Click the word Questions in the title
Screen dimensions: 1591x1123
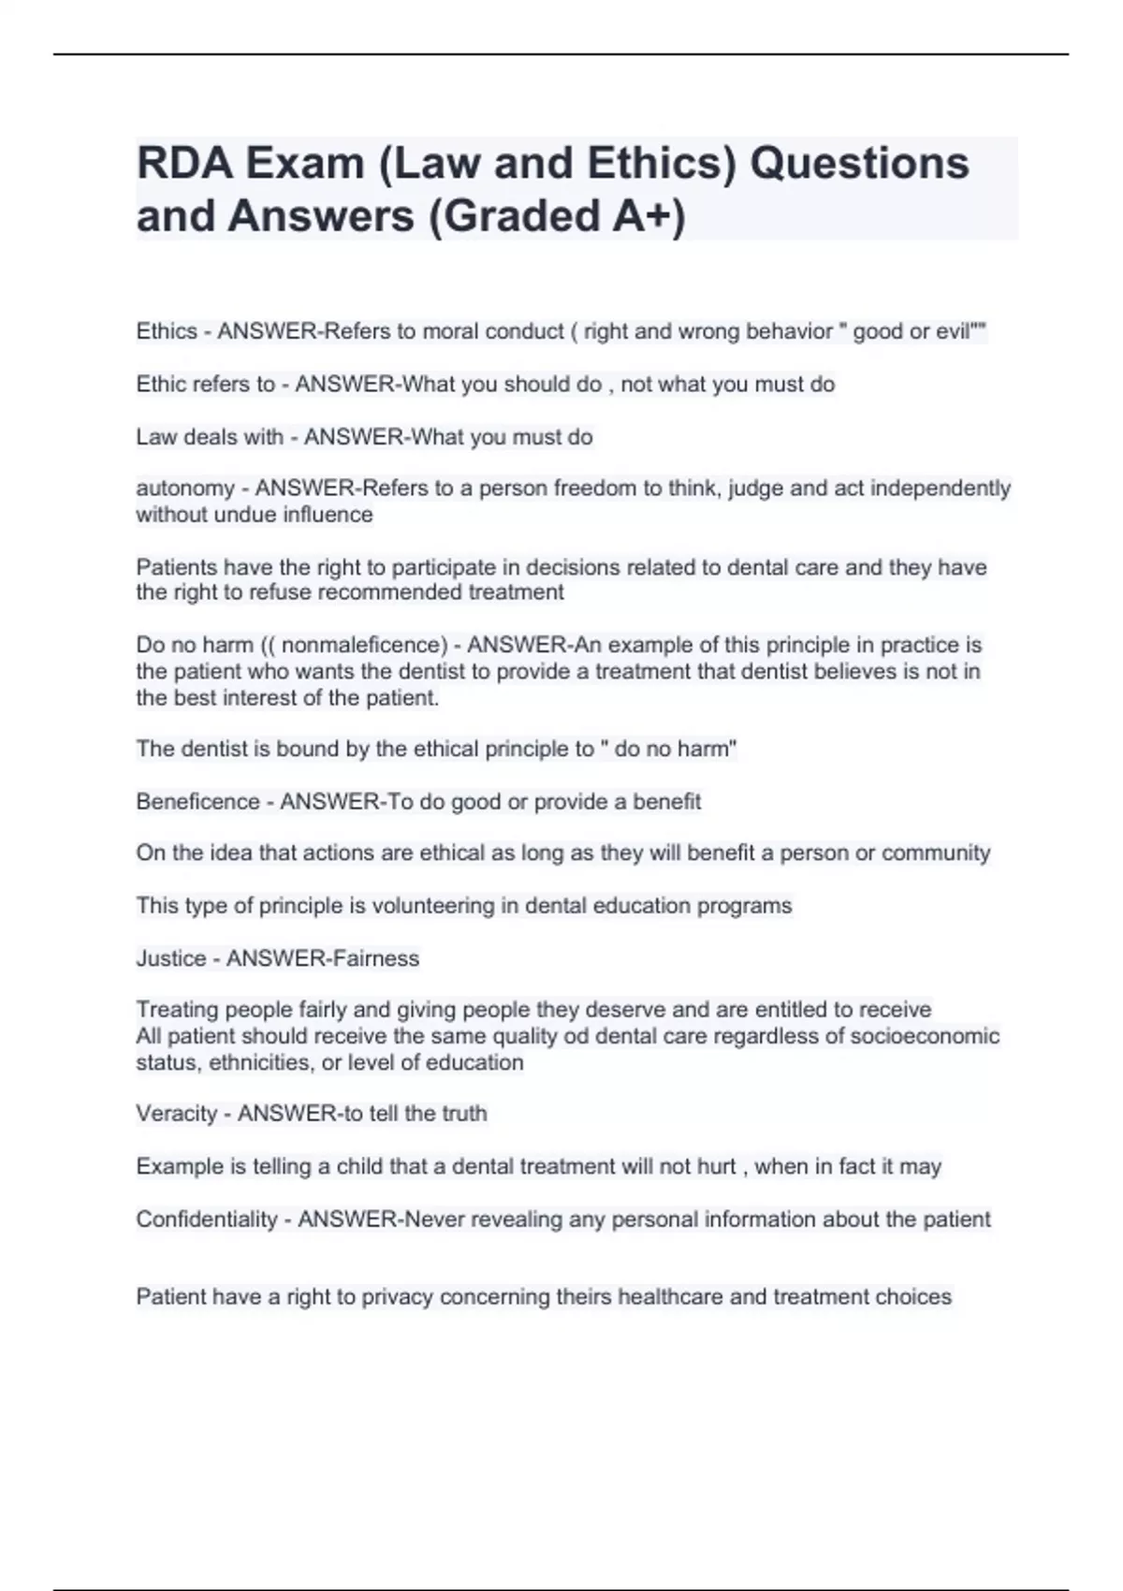[x=859, y=163]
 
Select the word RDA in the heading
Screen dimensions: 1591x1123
[x=184, y=163]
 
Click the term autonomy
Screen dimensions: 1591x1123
[x=185, y=489]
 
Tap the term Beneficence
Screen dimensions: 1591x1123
[x=197, y=801]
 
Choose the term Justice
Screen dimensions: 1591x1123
[x=171, y=958]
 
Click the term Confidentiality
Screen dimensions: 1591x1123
[x=207, y=1219]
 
